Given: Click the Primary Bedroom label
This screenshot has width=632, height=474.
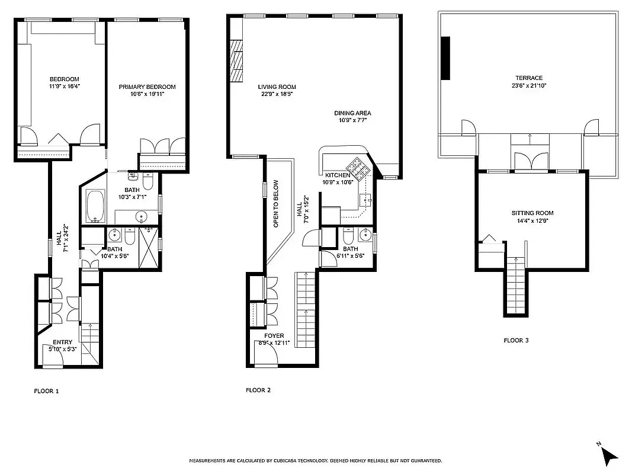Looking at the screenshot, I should tap(147, 87).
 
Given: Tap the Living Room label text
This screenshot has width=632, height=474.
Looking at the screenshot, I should tap(277, 87).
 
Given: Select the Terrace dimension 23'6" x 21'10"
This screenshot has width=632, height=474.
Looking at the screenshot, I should tap(528, 86).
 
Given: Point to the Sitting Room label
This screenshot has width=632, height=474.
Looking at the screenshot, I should tap(532, 213).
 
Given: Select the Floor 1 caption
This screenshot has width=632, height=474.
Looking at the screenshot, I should tap(46, 391).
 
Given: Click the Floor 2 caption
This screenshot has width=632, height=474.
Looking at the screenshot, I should tap(258, 390).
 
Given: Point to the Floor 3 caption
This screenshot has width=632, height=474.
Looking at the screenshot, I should tap(516, 341).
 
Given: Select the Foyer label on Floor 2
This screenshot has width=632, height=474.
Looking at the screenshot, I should tap(274, 336).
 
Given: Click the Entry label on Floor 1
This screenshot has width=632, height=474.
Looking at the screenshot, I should tap(62, 342).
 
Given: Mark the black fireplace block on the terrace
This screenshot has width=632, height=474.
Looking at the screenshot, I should tap(445, 58).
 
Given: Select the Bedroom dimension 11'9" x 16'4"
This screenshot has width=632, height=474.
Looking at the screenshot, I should tap(64, 86).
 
